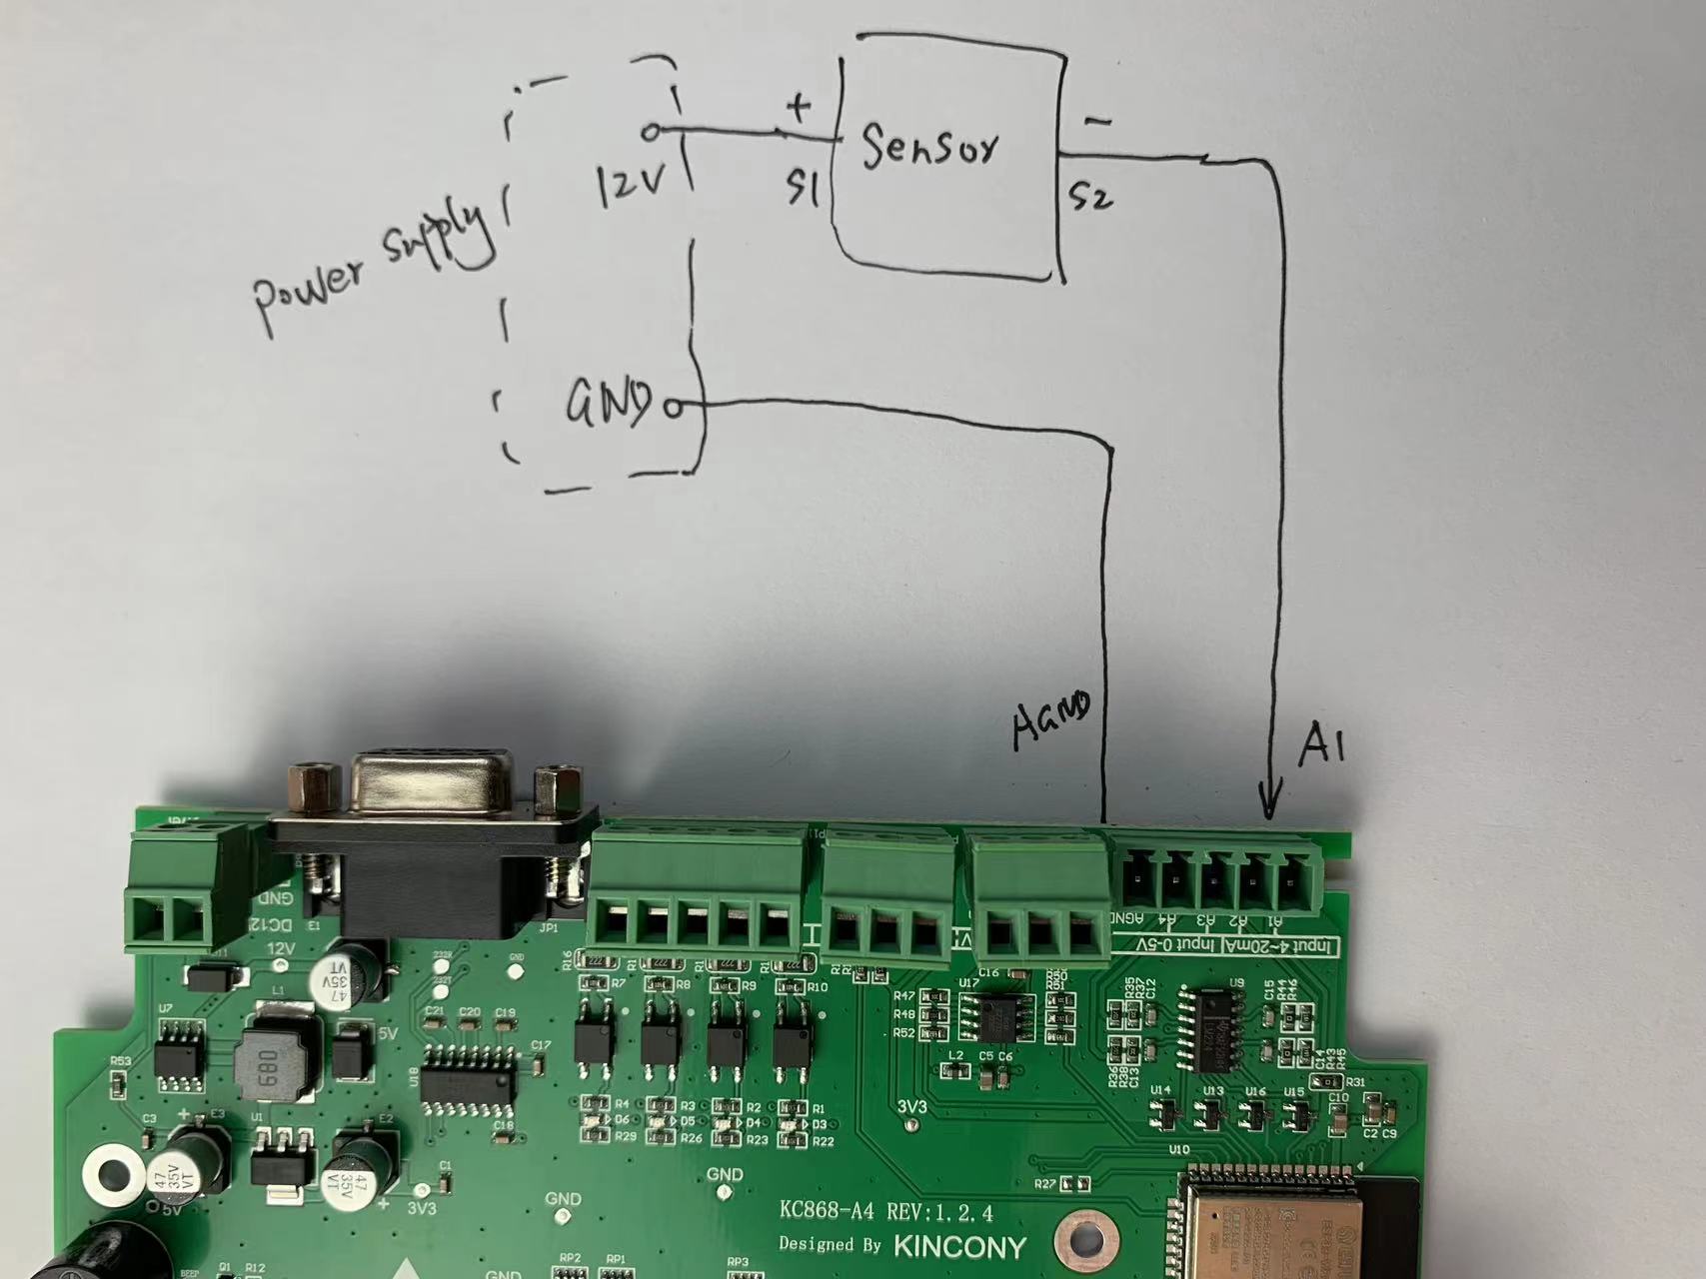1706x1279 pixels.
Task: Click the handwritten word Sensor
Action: [x=929, y=148]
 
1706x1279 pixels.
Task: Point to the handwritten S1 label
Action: [x=803, y=187]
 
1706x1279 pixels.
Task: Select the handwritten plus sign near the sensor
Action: [x=798, y=105]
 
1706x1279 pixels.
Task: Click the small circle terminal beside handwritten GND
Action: [x=675, y=408]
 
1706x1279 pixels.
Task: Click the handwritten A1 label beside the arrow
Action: [x=1322, y=744]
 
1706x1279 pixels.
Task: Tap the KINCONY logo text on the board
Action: [x=959, y=1246]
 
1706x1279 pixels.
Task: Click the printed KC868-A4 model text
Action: [x=827, y=1212]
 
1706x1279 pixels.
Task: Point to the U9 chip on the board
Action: [x=1212, y=1029]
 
